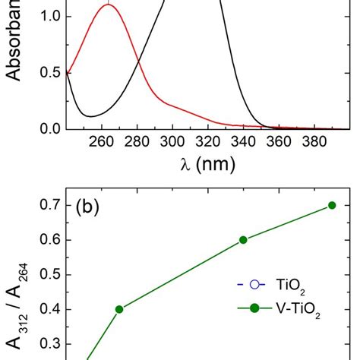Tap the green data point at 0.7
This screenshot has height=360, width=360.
[x=332, y=205]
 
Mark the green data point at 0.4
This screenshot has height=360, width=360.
[x=119, y=309]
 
